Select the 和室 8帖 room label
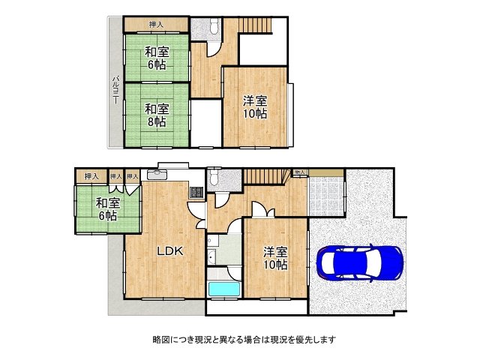click(156, 114)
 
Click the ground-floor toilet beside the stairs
click(214, 178)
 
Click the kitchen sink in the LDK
click(157, 175)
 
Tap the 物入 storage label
click(299, 172)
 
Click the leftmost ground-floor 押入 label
click(91, 176)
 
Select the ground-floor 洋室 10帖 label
click(275, 258)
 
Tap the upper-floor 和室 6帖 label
click(156, 58)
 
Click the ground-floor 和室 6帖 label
click(106, 209)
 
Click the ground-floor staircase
click(266, 177)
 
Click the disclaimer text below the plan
click(239, 340)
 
